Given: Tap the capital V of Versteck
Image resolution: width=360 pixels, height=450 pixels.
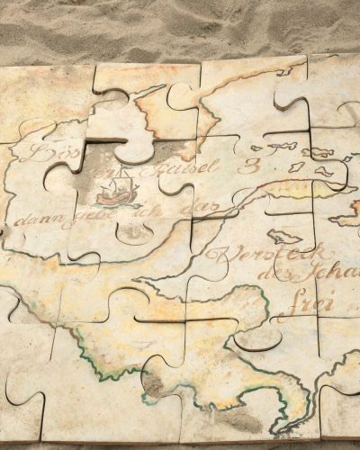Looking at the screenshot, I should pyautogui.click(x=215, y=256).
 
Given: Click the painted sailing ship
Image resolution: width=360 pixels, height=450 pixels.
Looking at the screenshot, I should pyautogui.click(x=116, y=192).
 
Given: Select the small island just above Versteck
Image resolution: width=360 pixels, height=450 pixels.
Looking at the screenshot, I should pyautogui.click(x=285, y=236).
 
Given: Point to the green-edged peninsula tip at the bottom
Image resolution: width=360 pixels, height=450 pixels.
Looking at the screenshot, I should pyautogui.click(x=288, y=423).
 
